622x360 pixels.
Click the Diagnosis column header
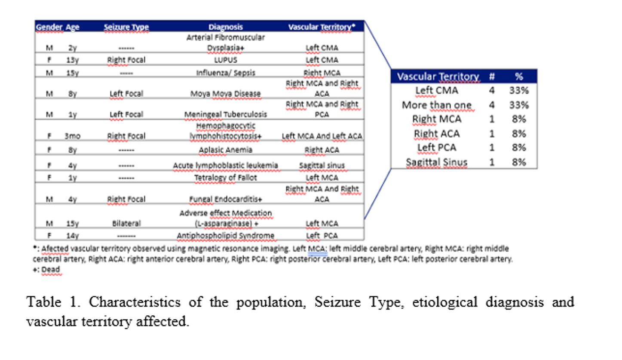(226, 27)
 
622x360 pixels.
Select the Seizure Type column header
(126, 28)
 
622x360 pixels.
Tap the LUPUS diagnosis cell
(225, 60)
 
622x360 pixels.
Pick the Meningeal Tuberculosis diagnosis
(225, 114)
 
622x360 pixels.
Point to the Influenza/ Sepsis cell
(225, 73)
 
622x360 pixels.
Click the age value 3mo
(72, 136)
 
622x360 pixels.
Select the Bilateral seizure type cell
(126, 224)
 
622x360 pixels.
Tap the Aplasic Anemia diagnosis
(225, 150)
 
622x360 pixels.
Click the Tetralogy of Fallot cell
(225, 178)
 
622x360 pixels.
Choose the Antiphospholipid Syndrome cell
(225, 236)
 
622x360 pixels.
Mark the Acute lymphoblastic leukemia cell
(225, 166)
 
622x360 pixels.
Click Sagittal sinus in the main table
(322, 166)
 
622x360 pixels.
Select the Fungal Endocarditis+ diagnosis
(225, 199)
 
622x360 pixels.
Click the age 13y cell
(72, 60)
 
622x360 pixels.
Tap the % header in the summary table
(519, 77)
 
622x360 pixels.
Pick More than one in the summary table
(436, 105)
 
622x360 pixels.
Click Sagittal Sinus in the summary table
(436, 162)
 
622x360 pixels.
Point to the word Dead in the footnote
(51, 270)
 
